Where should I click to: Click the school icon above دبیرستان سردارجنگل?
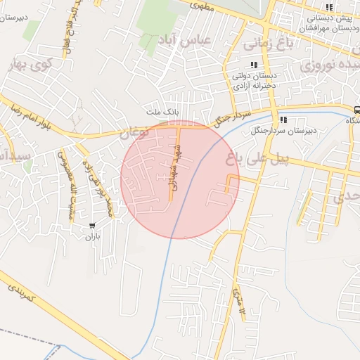283,120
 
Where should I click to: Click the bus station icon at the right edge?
357,110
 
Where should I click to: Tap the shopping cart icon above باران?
92,226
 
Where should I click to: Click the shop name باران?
93,238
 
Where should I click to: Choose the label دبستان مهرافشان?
327,29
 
